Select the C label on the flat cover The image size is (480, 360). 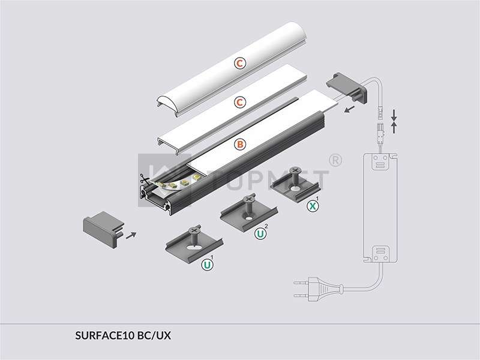click(x=239, y=103)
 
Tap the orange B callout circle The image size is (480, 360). click(x=239, y=144)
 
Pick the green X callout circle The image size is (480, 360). click(x=311, y=206)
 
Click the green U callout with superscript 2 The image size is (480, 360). click(x=260, y=233)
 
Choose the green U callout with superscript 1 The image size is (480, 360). click(x=207, y=264)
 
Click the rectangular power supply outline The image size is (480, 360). click(x=380, y=206)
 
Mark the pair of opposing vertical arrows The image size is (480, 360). click(x=394, y=120)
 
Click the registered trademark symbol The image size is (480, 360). click(x=336, y=161)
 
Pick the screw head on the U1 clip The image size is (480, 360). click(x=195, y=230)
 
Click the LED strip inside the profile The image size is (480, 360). click(x=174, y=183)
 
